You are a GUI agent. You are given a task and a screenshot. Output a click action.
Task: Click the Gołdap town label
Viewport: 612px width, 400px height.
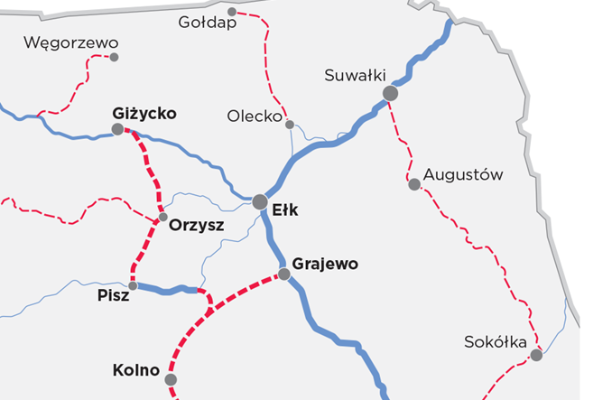208,23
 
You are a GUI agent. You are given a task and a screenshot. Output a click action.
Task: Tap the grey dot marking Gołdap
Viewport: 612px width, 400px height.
232,12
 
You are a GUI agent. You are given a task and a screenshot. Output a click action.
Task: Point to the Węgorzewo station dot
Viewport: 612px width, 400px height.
114,57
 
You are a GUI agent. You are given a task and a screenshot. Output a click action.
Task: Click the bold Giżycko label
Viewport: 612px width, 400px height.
144,114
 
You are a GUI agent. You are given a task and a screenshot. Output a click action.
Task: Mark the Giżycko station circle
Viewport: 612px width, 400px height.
118,129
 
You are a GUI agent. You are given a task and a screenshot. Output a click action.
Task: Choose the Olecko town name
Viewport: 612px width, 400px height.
255,116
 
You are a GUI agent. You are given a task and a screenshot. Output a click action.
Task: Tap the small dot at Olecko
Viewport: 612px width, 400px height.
290,125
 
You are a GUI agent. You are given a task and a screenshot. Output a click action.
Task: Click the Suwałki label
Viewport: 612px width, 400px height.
355,76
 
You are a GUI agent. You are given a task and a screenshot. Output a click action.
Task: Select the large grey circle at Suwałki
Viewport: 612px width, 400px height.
390,93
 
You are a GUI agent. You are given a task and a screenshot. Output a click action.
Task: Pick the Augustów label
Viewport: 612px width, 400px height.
463,174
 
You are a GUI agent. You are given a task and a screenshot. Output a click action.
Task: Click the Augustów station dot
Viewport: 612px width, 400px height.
414,184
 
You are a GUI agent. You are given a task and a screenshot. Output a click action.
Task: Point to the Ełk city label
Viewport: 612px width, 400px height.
285,211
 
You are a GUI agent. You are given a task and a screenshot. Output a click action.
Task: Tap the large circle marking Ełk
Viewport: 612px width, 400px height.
260,201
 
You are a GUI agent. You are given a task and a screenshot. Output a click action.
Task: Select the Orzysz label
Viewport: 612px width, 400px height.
196,226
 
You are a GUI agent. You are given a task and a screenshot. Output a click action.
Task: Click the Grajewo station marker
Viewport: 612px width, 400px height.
284,274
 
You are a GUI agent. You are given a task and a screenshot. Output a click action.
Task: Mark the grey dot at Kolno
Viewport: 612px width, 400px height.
171,379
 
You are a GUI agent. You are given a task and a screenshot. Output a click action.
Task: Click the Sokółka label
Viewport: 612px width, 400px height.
494,342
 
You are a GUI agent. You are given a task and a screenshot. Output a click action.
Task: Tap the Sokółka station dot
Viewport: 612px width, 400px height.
536,356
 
